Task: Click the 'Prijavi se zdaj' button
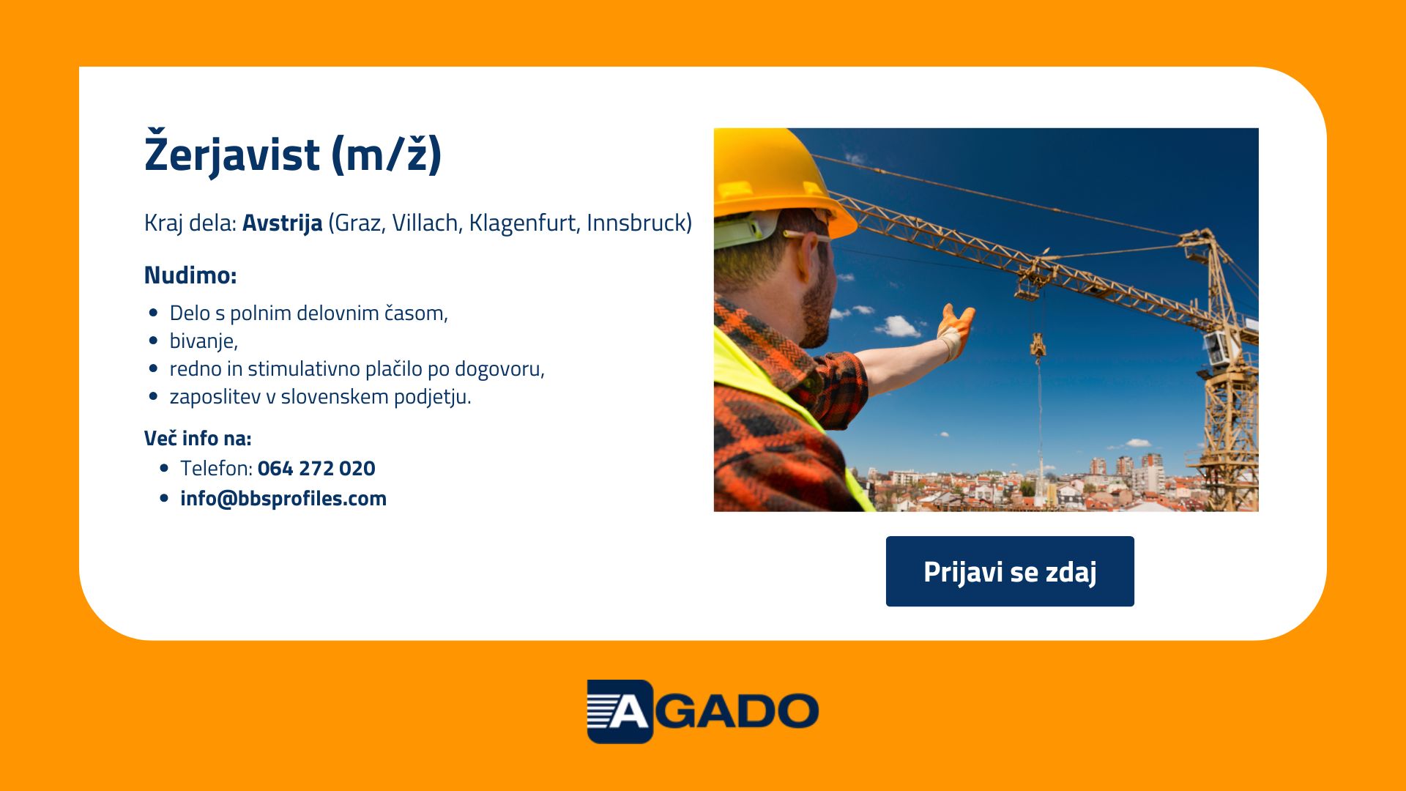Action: coord(1010,571)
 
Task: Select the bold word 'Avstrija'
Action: coord(282,223)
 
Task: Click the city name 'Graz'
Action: coord(359,223)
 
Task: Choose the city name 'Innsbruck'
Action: coord(636,223)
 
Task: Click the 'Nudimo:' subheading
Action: coord(190,275)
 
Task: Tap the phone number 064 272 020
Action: coord(316,468)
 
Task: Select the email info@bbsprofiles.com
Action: coord(283,498)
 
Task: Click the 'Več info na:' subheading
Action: coord(198,438)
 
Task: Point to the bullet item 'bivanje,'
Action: coord(204,341)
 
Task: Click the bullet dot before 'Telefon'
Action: coord(164,468)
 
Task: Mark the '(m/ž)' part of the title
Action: coord(387,154)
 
